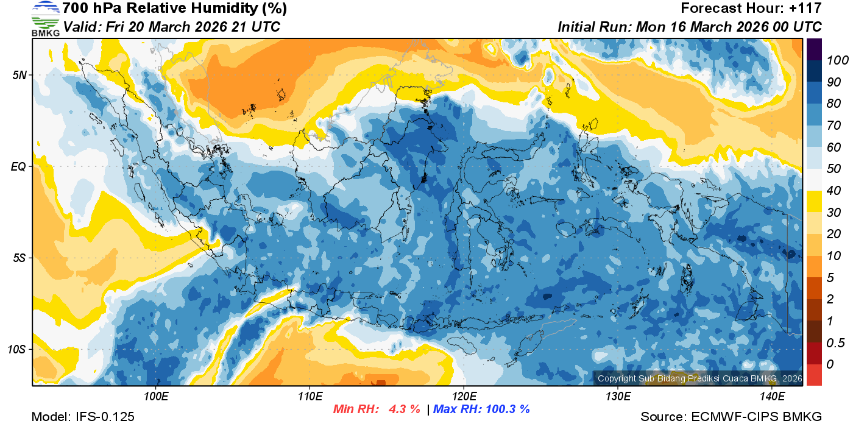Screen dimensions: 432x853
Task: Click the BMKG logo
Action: [45, 18]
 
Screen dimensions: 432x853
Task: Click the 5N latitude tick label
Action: [19, 75]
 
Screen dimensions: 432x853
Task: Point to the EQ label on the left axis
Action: [18, 166]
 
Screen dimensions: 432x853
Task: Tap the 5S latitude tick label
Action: [19, 258]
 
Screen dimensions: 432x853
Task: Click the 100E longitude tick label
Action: [157, 397]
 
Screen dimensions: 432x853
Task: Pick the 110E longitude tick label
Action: [310, 397]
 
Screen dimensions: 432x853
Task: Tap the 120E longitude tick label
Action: [464, 397]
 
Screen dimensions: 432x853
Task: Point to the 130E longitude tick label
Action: [618, 397]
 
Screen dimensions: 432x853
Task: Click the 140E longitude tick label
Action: [772, 397]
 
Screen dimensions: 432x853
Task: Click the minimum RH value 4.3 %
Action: [405, 409]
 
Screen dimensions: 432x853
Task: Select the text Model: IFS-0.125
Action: [83, 417]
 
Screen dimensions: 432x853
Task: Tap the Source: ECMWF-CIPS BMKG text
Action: [731, 417]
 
